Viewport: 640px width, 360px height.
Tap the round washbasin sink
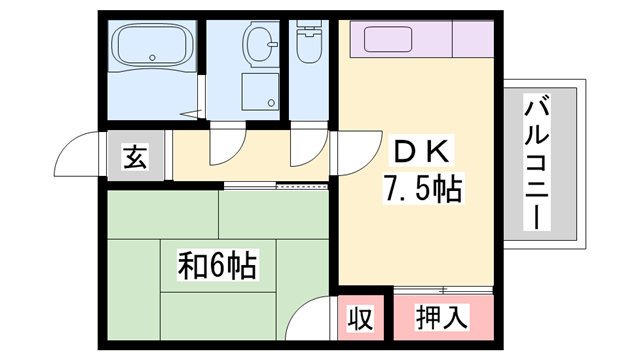(x=261, y=45)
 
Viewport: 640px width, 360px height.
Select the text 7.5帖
(x=420, y=187)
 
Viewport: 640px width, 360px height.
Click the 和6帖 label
(x=217, y=267)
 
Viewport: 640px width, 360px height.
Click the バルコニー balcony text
(x=538, y=160)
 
